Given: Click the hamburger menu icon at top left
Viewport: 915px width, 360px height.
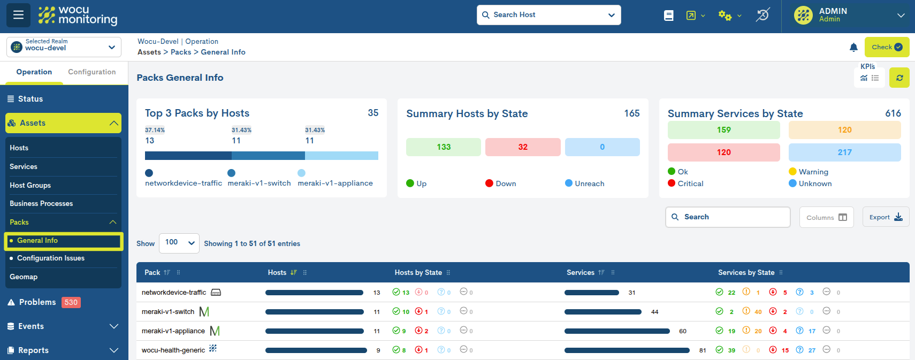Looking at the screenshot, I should [18, 15].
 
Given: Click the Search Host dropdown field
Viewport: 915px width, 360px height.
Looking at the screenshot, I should [548, 15].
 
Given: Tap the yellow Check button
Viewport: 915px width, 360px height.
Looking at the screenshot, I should [887, 47].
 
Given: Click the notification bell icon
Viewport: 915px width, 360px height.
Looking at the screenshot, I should [853, 48].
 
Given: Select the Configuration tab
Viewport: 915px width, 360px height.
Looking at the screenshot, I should [91, 72].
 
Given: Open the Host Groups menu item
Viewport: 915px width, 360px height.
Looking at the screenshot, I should [30, 185].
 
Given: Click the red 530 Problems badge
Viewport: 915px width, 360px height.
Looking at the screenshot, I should [71, 302].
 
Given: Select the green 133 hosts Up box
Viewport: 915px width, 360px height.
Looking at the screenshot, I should [443, 147].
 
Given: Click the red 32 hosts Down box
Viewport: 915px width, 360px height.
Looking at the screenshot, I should [522, 147].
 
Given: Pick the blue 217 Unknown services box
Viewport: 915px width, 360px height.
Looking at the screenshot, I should [844, 152].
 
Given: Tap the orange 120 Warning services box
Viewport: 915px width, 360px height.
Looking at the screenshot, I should [844, 130].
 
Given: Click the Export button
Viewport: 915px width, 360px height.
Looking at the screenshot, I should [886, 217].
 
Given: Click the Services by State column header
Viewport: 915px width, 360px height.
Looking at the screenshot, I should [746, 273].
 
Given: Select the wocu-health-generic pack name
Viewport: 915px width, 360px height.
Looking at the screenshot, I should [173, 350].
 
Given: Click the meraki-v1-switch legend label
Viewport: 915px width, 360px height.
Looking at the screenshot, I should [259, 183].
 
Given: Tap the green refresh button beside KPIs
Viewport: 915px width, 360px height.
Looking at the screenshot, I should [899, 78].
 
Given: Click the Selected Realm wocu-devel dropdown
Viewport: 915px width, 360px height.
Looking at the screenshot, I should [64, 47].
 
